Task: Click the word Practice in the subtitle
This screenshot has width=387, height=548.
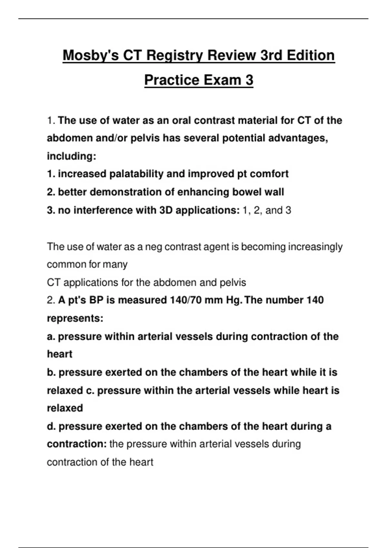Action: [x=170, y=80]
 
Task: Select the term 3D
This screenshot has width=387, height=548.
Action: [x=166, y=210]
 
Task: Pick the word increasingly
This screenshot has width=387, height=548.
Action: [x=315, y=247]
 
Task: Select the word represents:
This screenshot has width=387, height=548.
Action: [x=75, y=318]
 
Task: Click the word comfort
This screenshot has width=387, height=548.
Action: [x=269, y=174]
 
